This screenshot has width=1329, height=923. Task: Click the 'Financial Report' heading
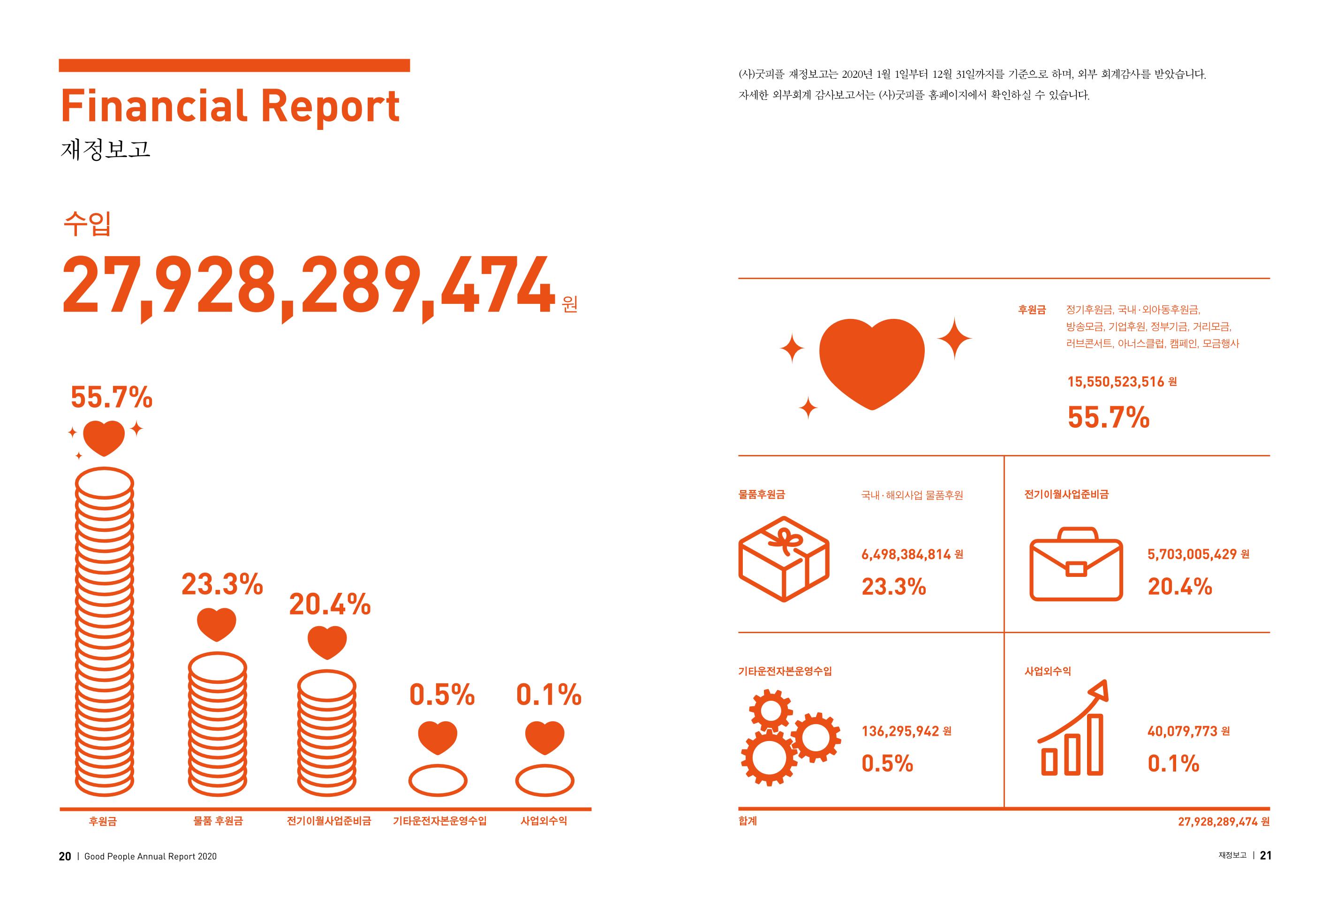click(230, 106)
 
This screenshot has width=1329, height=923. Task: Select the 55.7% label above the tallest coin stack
click(112, 397)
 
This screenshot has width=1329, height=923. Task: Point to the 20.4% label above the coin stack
click(330, 605)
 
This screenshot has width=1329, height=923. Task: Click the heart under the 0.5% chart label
click(438, 737)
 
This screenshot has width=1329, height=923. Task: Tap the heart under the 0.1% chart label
click(544, 737)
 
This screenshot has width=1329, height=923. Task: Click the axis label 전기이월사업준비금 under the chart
click(329, 821)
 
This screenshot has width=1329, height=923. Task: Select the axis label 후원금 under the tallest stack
click(103, 821)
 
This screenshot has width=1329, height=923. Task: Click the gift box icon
click(784, 559)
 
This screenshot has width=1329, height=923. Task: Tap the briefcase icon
click(1076, 564)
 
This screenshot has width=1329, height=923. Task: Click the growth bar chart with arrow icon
click(1073, 727)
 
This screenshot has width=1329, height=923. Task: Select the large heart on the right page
click(872, 363)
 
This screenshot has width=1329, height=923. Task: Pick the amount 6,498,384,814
click(906, 555)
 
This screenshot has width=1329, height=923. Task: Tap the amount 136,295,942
click(900, 732)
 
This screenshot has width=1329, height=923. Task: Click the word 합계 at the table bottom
click(748, 821)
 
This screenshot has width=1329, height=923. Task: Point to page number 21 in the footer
click(1265, 855)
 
